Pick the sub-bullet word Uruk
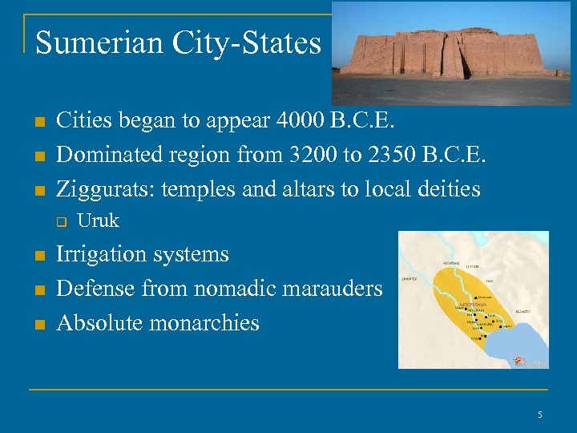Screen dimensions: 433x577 [98, 221]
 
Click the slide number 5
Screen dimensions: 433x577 [540, 415]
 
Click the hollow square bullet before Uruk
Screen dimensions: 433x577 [59, 222]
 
